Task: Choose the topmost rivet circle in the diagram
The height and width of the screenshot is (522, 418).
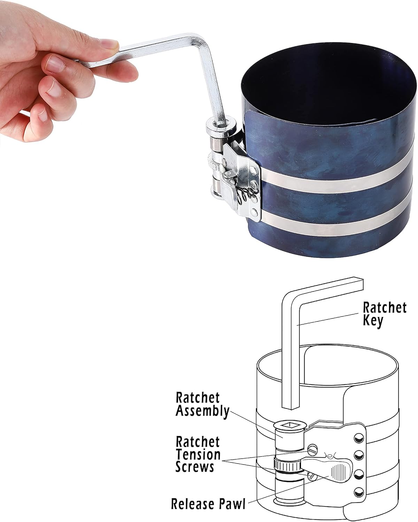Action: point(359,438)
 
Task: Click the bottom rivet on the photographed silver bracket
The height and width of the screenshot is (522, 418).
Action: point(254,213)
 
